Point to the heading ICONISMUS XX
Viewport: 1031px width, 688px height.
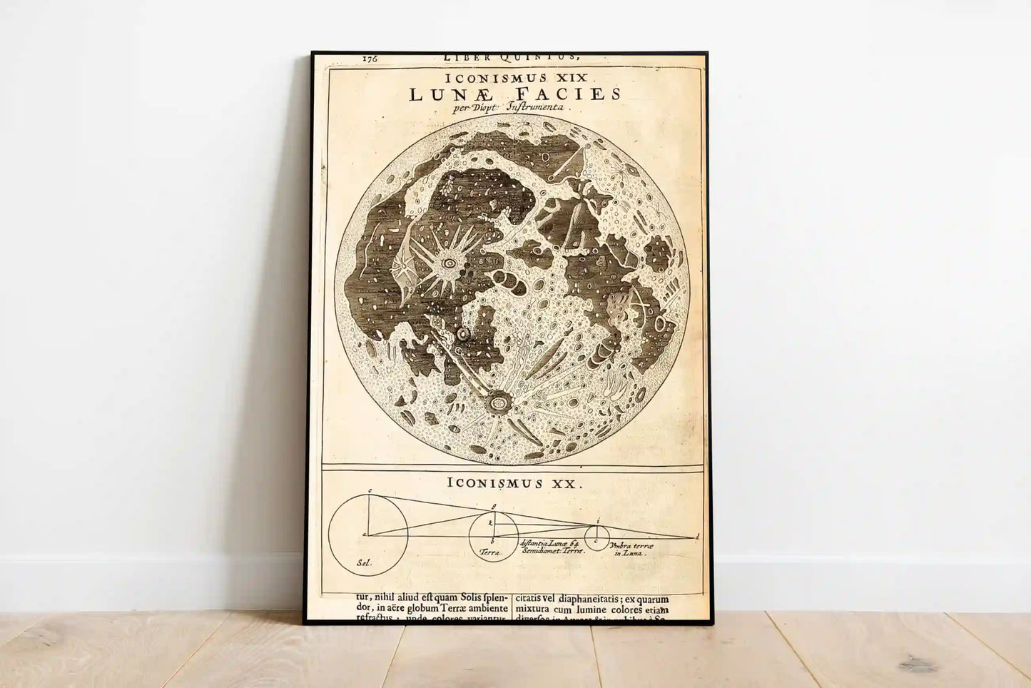(514, 482)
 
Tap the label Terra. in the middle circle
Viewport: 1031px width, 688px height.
(492, 553)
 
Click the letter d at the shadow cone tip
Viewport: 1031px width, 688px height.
(696, 535)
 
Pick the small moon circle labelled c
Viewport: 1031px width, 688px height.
(596, 537)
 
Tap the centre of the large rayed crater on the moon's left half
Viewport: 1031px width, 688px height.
(450, 263)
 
